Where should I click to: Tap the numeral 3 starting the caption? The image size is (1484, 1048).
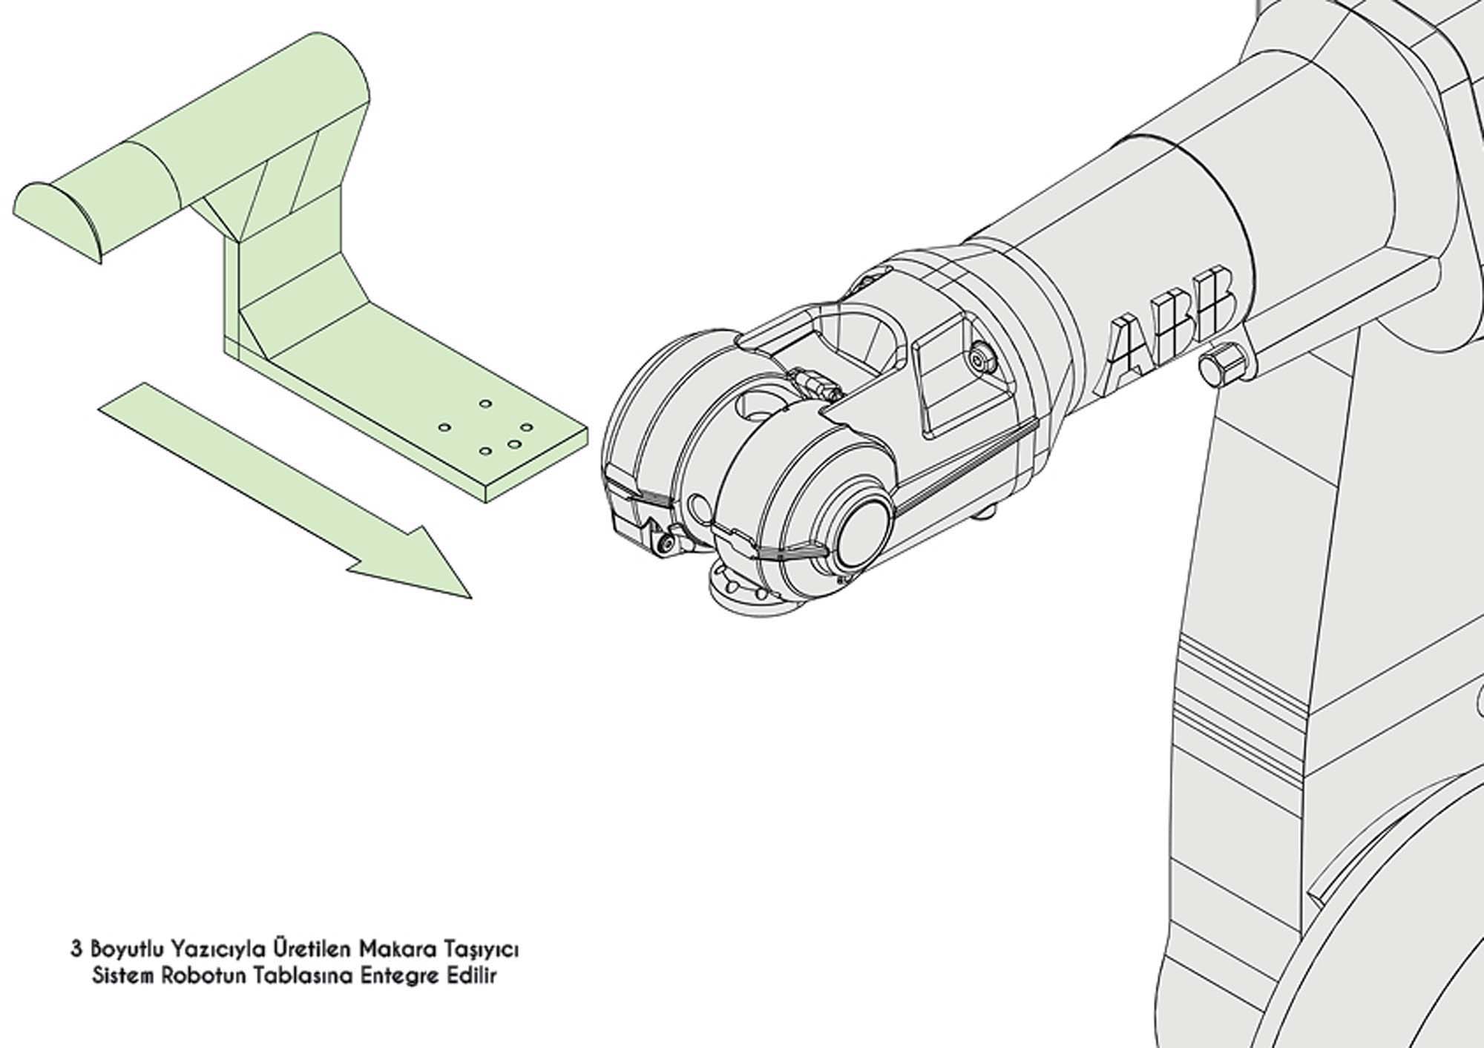(75, 949)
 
